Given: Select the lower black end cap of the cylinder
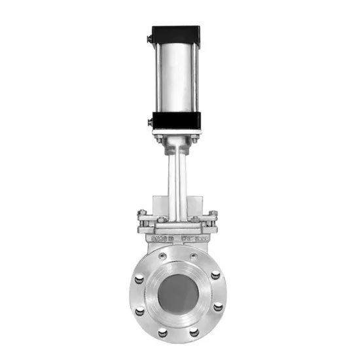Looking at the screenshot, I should click(175, 120).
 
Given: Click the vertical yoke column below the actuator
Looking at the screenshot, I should click(175, 177).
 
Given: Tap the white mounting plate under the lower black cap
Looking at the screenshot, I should click(175, 134).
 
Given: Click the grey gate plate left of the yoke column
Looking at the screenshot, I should click(159, 203).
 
